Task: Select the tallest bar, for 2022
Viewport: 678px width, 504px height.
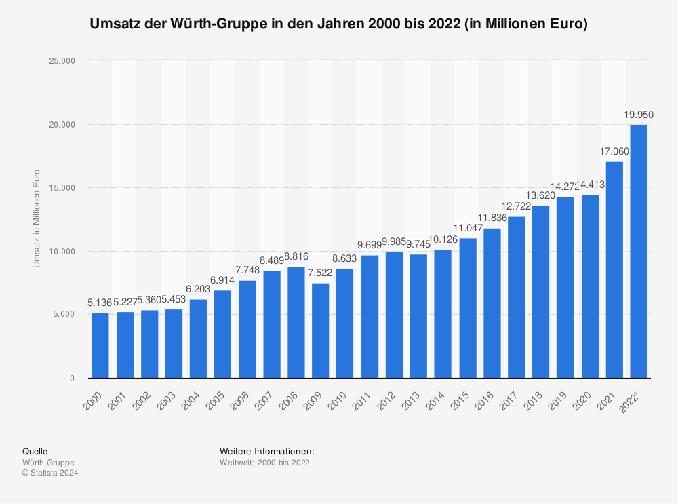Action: (x=639, y=251)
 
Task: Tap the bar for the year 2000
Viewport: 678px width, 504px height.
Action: (x=100, y=345)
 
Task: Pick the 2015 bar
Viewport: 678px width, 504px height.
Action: (x=467, y=308)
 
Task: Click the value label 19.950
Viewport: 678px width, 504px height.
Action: (x=639, y=115)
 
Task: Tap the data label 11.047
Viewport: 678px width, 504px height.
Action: (x=467, y=228)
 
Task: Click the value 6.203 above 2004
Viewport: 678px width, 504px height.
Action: (x=198, y=289)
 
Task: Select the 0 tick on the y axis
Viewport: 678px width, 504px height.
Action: (x=71, y=379)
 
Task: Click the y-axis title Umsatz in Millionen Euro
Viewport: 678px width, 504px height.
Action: (x=37, y=218)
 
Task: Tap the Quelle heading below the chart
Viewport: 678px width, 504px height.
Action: (x=35, y=451)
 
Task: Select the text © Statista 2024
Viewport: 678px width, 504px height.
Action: (x=50, y=473)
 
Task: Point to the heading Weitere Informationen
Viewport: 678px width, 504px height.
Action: (x=267, y=451)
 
